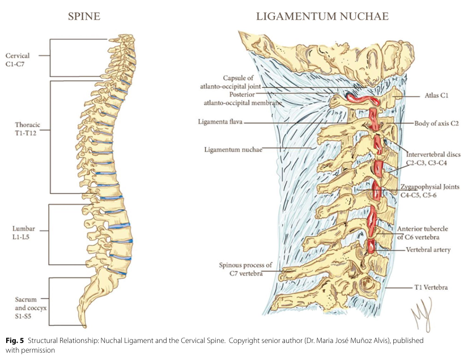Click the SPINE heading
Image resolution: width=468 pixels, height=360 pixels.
click(x=84, y=16)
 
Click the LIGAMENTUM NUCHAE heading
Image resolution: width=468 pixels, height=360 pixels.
click(x=322, y=16)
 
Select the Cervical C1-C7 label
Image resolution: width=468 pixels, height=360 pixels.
click(x=18, y=60)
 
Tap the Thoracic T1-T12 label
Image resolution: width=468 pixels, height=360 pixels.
click(x=27, y=129)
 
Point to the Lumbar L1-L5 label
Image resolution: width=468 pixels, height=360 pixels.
click(x=24, y=233)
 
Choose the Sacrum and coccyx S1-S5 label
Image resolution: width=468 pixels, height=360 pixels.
click(x=31, y=307)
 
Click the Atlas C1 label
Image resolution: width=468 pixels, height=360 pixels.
click(x=436, y=96)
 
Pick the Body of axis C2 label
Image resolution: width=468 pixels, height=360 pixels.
click(x=436, y=123)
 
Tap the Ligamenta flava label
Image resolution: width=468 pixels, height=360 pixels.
click(x=220, y=122)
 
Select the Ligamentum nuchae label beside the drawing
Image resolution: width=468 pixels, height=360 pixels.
click(x=233, y=149)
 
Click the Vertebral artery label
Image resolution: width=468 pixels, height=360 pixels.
click(x=428, y=250)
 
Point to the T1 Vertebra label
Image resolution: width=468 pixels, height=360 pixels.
click(x=431, y=287)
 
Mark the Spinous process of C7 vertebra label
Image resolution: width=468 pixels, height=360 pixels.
click(x=246, y=269)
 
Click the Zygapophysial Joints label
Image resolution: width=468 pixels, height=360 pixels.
click(x=430, y=187)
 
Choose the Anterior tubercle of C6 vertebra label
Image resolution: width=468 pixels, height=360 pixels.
click(x=422, y=233)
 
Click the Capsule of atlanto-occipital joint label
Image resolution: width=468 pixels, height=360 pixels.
click(x=231, y=82)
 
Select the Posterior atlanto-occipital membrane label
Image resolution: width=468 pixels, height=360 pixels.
click(x=243, y=99)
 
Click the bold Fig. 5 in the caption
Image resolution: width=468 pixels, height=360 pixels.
click(x=15, y=341)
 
